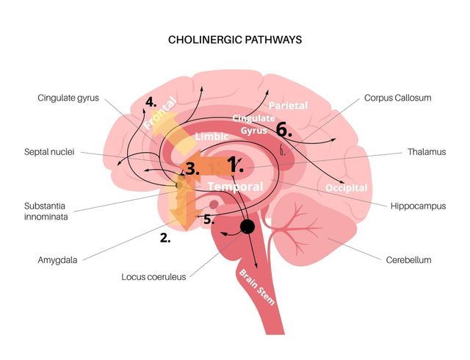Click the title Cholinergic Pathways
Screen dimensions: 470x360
click(x=235, y=40)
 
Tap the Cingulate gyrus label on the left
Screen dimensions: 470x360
click(x=68, y=98)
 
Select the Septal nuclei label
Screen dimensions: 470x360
click(x=49, y=152)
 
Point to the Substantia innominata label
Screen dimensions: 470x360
click(x=46, y=211)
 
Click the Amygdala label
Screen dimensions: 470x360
click(x=57, y=260)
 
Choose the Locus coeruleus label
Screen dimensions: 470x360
click(x=153, y=276)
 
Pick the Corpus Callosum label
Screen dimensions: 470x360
click(x=398, y=98)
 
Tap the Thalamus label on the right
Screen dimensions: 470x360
click(x=427, y=152)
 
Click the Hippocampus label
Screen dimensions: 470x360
click(x=418, y=206)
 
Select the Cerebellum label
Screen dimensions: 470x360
click(x=408, y=260)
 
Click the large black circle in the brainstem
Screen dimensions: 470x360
click(x=247, y=226)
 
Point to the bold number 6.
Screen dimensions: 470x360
click(x=283, y=130)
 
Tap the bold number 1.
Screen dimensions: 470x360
click(x=235, y=165)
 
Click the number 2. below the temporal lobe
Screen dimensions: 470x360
click(x=165, y=238)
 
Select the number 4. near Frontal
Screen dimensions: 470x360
click(x=151, y=102)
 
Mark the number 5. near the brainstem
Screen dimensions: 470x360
click(x=209, y=220)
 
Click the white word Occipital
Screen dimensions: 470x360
click(x=346, y=188)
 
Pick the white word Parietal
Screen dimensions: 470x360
click(x=288, y=106)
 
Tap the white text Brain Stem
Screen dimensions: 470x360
click(x=256, y=287)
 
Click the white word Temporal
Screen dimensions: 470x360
click(x=235, y=187)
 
